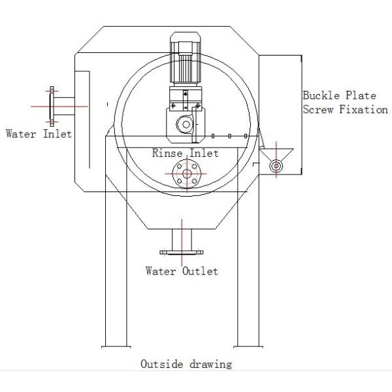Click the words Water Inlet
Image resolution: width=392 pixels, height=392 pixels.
coord(39,134)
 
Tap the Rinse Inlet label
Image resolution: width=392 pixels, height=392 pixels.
coord(185,153)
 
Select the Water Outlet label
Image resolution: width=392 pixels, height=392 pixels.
coord(182,270)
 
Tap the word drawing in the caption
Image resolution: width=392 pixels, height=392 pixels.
coord(211,364)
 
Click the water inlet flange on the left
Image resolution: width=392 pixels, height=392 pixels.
coord(51,103)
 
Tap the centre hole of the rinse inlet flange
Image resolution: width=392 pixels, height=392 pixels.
coord(187,174)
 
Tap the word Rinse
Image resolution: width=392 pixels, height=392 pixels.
coord(167,153)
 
